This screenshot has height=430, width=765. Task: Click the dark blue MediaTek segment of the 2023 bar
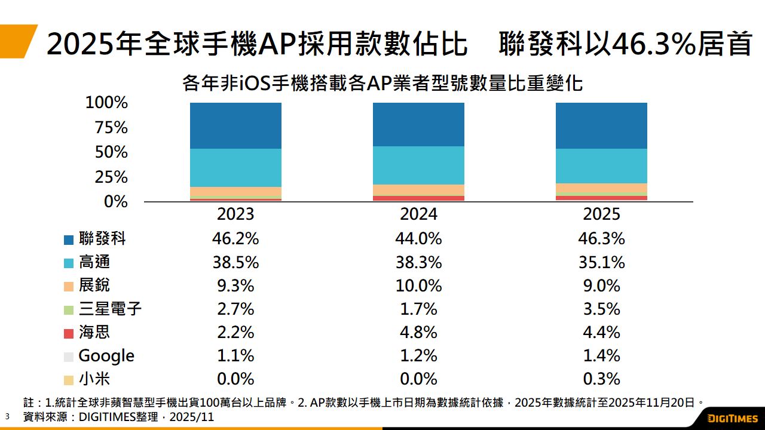235,125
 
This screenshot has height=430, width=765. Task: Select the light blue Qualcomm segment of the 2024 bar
418,165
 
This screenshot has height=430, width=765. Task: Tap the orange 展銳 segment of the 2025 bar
601,188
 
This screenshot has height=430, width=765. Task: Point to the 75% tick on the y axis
107,128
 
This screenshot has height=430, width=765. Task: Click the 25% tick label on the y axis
107,177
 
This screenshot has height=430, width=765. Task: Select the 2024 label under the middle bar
418,214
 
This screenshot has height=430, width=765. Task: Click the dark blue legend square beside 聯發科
69,239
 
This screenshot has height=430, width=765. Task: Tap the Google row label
106,356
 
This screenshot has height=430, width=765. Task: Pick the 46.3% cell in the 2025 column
601,239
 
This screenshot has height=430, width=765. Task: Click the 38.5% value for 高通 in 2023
235,262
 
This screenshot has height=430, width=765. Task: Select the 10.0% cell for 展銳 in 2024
418,285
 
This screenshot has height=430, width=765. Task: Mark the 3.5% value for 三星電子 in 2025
601,309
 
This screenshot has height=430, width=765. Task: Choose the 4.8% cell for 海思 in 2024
418,333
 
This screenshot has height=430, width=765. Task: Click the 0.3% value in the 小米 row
601,379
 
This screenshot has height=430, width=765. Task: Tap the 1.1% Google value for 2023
235,356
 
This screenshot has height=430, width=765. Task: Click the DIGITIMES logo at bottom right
732,417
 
